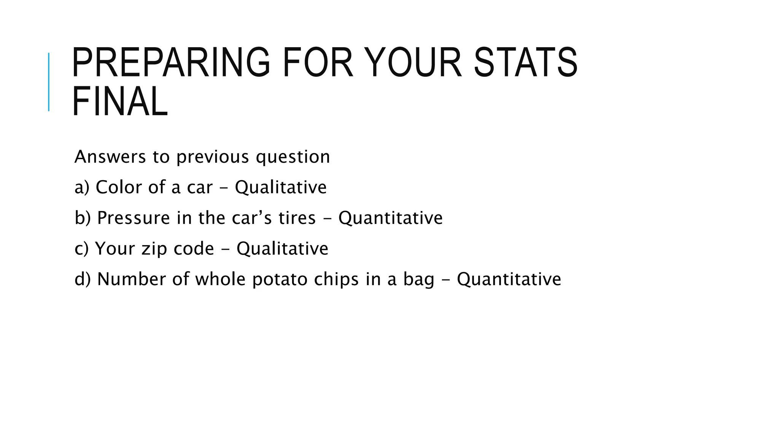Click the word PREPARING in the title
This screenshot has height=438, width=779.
[170, 62]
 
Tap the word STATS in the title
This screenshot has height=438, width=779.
[526, 62]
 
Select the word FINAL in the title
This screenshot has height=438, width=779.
[120, 102]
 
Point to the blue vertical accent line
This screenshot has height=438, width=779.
[49, 82]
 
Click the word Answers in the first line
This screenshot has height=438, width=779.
[110, 157]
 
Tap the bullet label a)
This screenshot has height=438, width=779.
[81, 187]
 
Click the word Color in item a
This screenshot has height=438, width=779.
[119, 187]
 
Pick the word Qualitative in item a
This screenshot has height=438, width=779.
[281, 187]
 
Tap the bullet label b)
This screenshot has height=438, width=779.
[83, 218]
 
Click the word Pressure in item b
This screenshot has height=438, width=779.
[134, 218]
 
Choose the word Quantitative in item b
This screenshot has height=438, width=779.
[391, 218]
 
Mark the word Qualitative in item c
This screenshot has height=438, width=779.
[282, 249]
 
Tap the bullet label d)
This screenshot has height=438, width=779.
[83, 279]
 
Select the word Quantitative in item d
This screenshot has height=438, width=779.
[509, 279]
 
